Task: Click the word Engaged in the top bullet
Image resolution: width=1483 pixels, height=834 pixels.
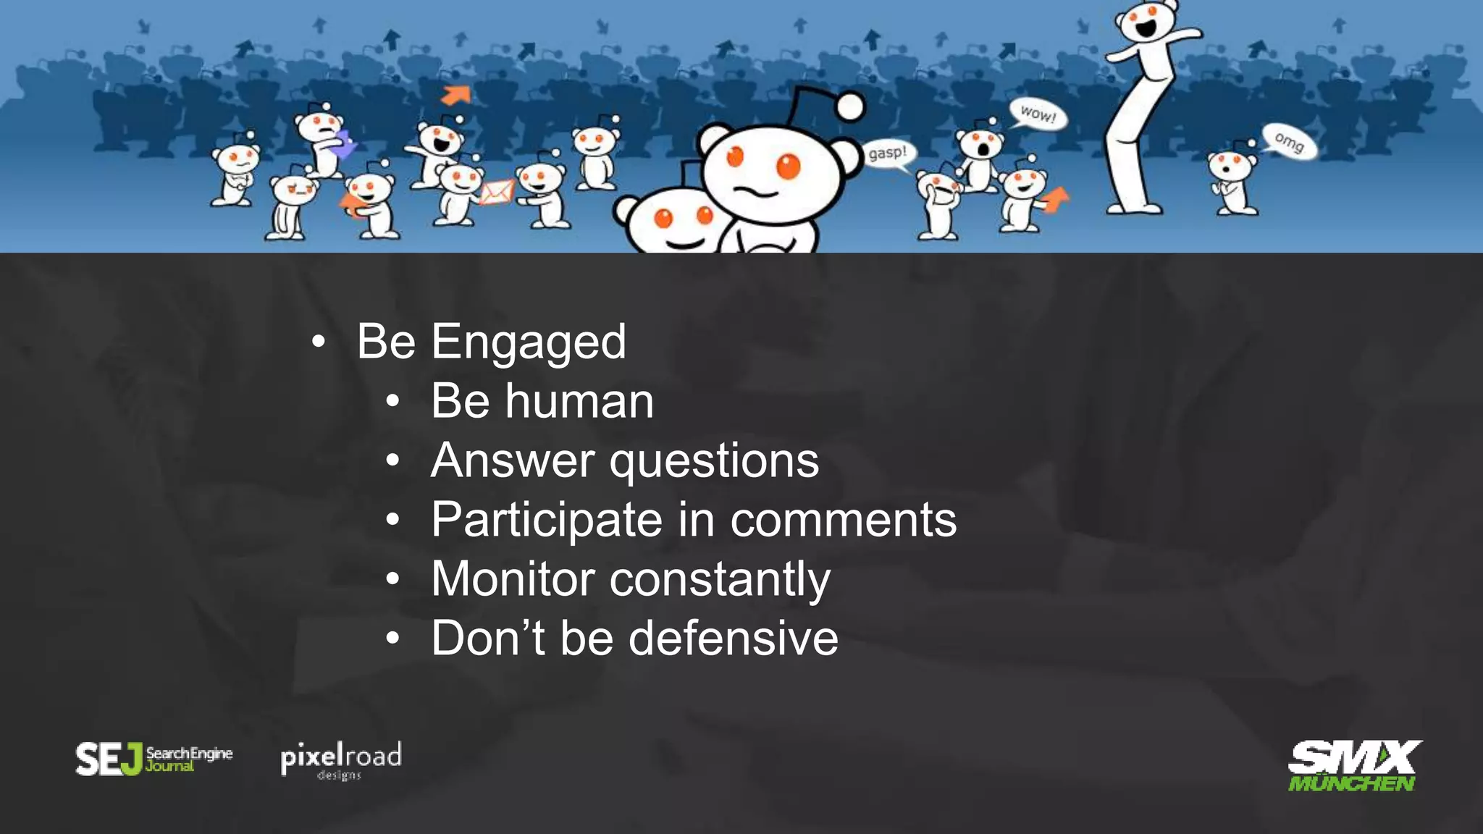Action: [529, 342]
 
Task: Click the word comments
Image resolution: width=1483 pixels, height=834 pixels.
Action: [843, 520]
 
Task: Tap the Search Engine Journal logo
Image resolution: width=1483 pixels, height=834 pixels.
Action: [154, 759]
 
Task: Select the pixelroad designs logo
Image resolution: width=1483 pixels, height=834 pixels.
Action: [340, 760]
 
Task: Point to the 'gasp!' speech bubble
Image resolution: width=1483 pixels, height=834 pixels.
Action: [888, 153]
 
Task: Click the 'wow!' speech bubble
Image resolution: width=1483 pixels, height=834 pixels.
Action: [1038, 114]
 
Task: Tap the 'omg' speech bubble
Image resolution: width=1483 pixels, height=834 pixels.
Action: [1289, 141]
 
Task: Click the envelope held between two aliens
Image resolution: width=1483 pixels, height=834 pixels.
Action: [497, 193]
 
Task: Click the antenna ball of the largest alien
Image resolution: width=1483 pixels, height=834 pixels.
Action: [851, 107]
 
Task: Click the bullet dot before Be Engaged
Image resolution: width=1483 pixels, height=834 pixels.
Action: [318, 342]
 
